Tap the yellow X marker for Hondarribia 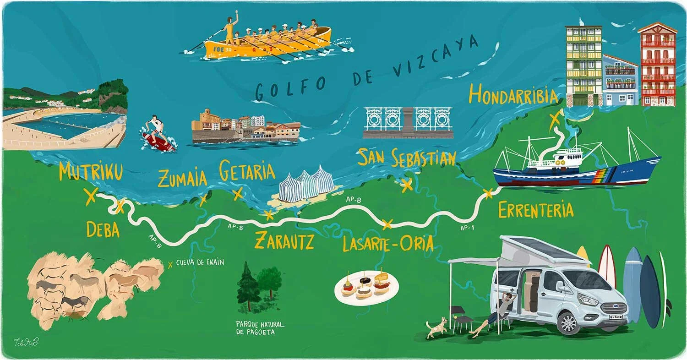(555, 118)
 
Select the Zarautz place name (284, 240)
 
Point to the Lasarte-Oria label (387, 244)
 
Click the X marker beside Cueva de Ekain (171, 264)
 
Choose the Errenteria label (535, 210)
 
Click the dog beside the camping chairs (436, 327)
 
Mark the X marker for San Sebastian (406, 185)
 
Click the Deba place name (103, 230)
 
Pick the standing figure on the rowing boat (230, 27)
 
